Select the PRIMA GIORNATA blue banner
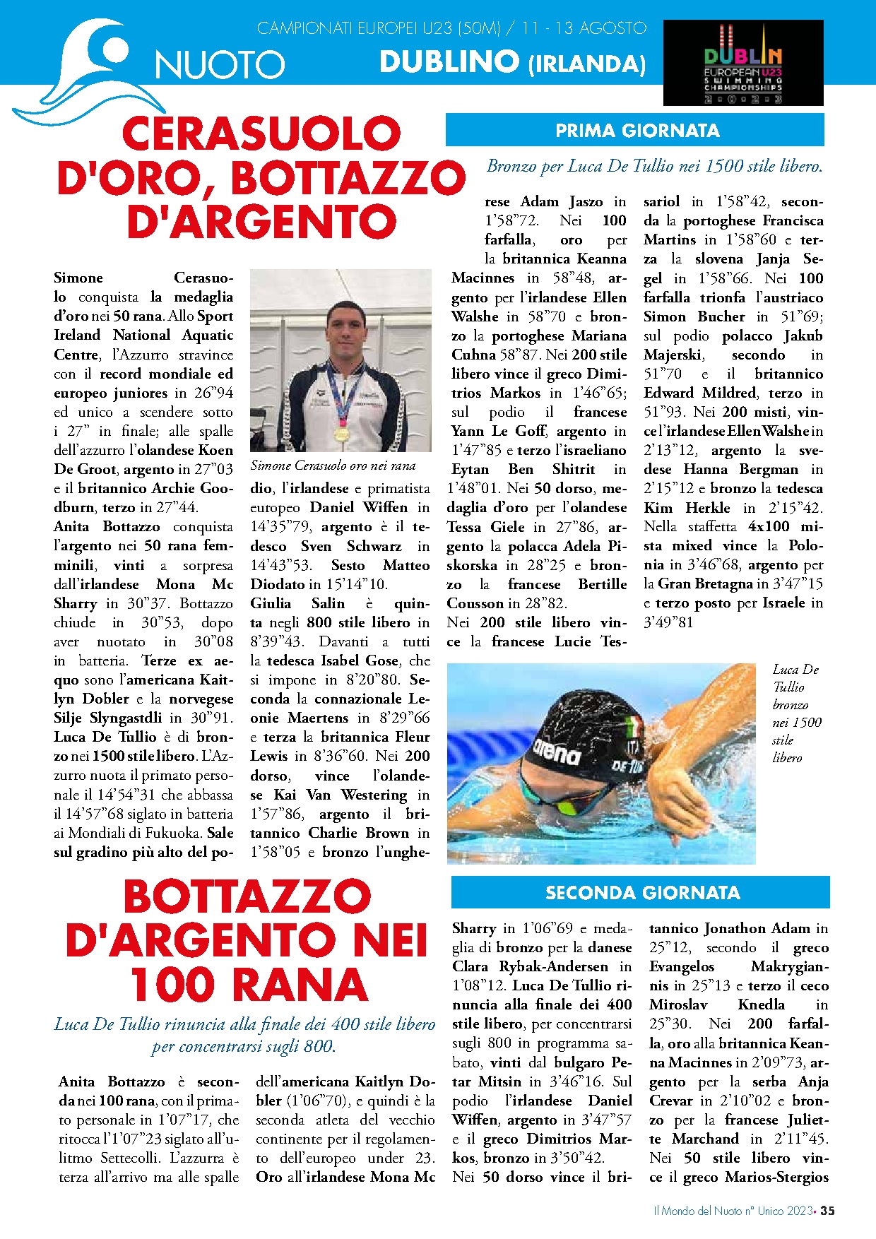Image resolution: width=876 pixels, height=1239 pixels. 635,131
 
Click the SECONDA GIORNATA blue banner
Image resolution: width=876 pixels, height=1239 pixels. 641,893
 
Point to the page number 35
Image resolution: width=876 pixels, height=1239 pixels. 827,1210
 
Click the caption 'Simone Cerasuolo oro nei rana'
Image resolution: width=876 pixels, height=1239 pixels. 333,466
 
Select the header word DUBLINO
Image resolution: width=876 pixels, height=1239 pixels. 449,62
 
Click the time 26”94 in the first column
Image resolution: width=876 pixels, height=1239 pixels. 213,393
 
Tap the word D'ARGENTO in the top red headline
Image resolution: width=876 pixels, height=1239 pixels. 261,222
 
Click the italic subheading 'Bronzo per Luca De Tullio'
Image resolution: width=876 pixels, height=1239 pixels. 654,167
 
